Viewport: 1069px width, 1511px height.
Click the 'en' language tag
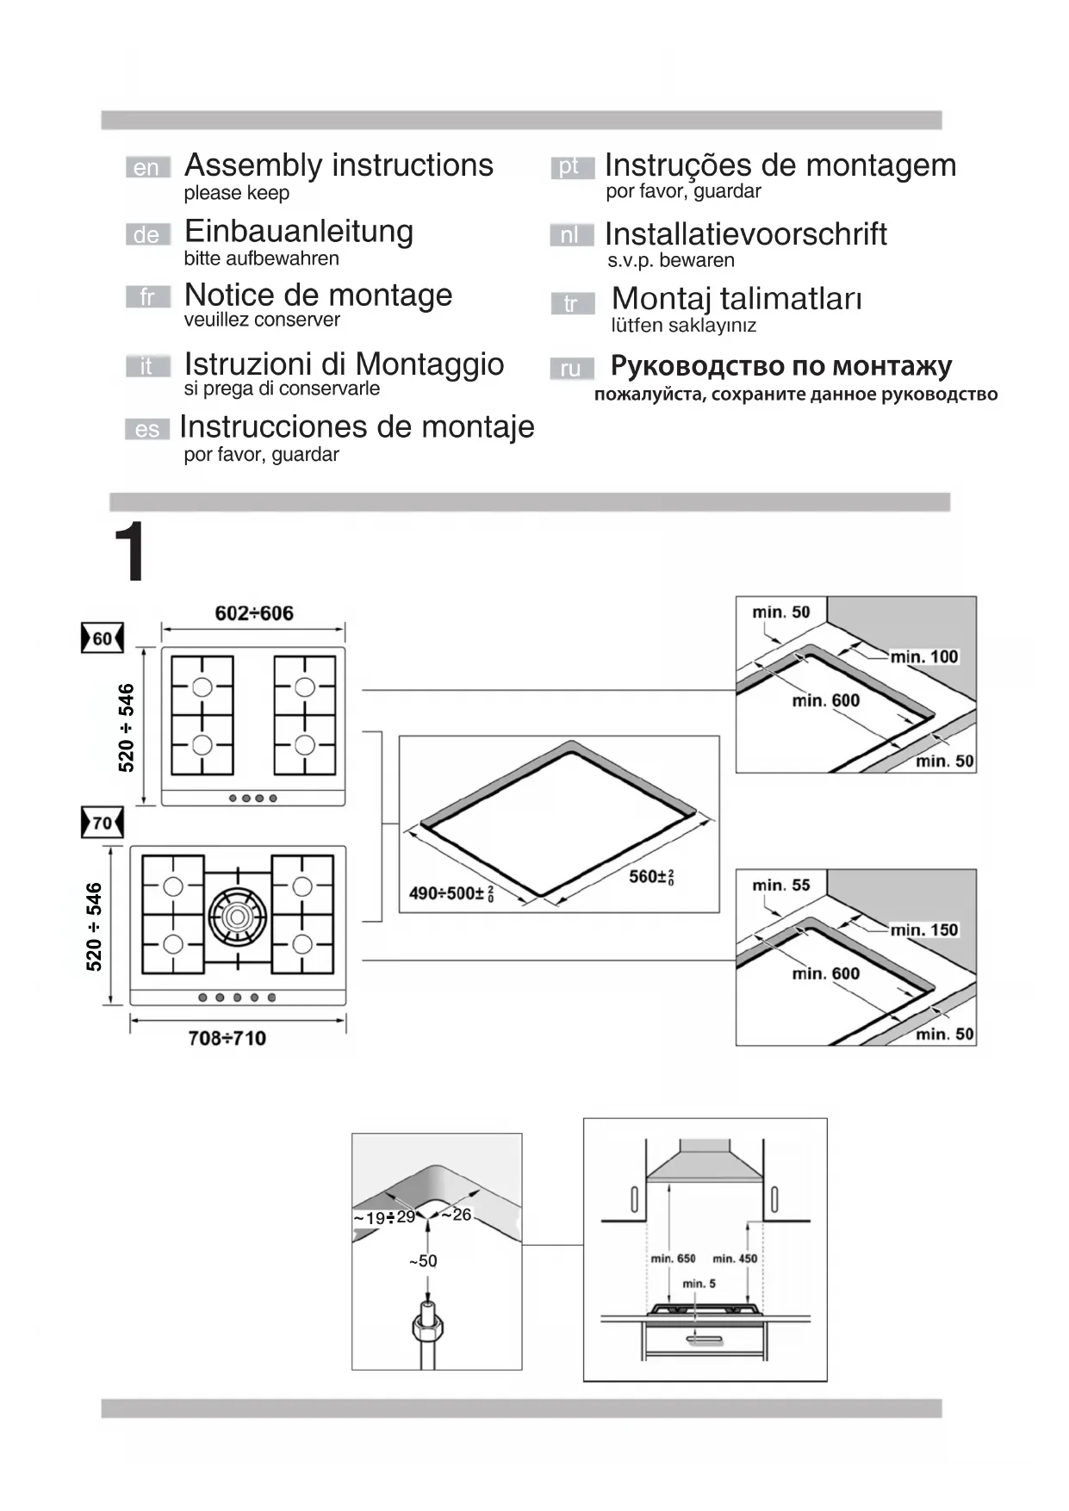[x=147, y=167]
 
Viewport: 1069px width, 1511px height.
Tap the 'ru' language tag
[x=571, y=369]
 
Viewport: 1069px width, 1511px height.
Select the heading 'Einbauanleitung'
[x=299, y=231]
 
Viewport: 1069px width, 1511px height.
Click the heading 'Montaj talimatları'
[x=736, y=299]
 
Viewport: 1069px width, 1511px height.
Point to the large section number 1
[x=130, y=551]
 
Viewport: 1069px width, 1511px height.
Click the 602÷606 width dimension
[x=254, y=613]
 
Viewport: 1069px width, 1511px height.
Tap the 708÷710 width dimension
[x=227, y=1038]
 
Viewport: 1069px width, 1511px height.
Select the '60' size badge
[x=103, y=638]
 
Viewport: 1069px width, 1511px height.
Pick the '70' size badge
[x=103, y=823]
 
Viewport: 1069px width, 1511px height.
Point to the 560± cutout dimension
[x=651, y=877]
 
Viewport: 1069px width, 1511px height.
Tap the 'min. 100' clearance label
[x=924, y=656]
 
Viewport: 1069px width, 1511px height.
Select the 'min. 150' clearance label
[x=924, y=930]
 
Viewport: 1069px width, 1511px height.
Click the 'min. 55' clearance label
[x=780, y=885]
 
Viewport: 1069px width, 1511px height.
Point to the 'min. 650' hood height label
[x=673, y=1259]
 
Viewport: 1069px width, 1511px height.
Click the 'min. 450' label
[x=735, y=1259]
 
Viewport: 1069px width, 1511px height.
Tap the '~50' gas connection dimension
[x=423, y=1261]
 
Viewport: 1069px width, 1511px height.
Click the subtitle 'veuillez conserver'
[x=262, y=320]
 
